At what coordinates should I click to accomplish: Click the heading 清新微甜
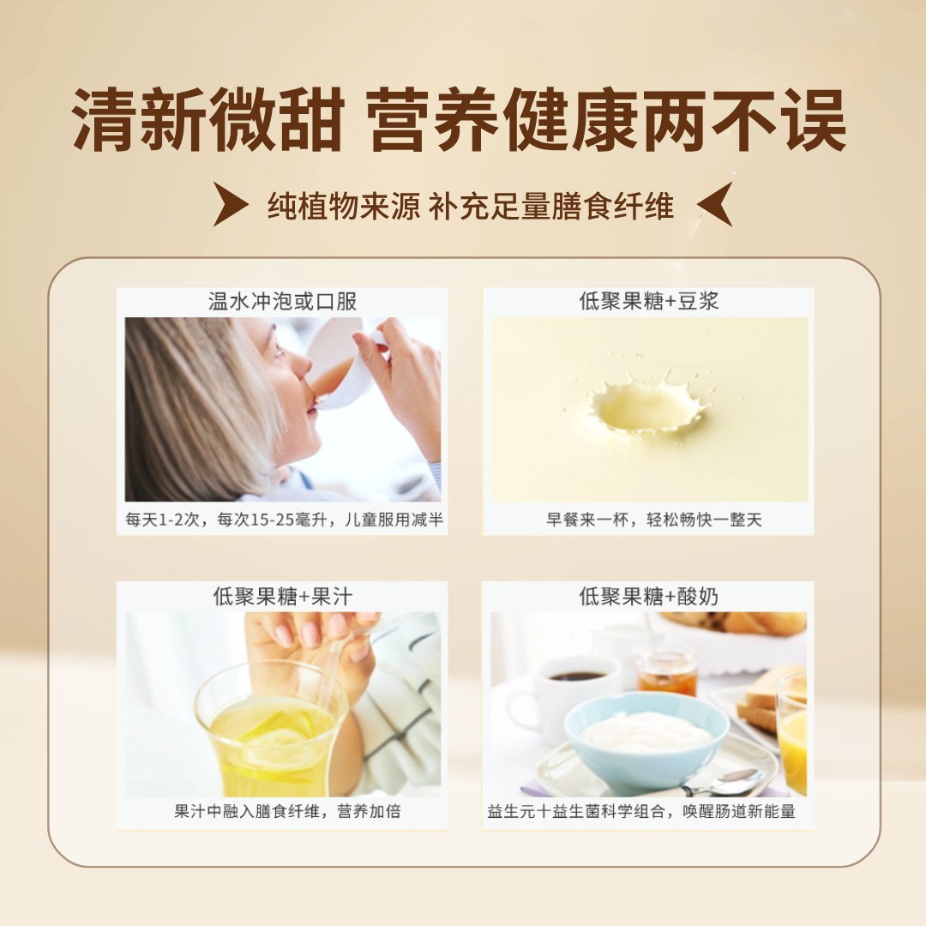point(208,121)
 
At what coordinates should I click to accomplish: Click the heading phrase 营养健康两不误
point(607,121)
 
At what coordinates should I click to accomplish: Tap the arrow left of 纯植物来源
point(231,205)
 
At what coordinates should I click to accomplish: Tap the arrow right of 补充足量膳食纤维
point(713,205)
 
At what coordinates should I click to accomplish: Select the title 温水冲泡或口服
point(282,302)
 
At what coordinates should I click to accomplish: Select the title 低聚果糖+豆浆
point(648,302)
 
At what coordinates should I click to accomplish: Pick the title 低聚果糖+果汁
point(282,597)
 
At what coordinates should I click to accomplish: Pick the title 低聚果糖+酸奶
point(648,597)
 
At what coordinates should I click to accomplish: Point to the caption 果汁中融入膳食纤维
point(249,811)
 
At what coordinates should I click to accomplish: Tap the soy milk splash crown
point(649,403)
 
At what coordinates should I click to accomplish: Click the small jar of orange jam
point(666,672)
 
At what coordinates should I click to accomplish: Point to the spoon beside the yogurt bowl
point(725,783)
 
